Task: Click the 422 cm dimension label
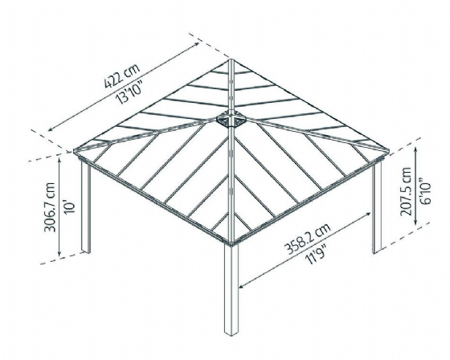pos(122,76)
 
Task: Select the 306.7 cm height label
pos(49,207)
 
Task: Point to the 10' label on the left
pos(70,207)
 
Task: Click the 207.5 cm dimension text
pos(406,191)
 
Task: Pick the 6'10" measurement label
pos(425,191)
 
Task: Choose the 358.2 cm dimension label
pos(307,239)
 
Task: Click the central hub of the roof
pos(231,119)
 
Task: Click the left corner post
pos(86,207)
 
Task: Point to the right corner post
pos(377,207)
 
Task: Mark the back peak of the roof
pos(231,59)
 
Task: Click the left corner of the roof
pos(76,151)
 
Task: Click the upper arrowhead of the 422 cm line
pos(197,44)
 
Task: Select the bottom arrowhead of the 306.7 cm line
pos(59,253)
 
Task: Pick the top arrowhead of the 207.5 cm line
pos(416,149)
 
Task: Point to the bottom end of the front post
pos(231,335)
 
